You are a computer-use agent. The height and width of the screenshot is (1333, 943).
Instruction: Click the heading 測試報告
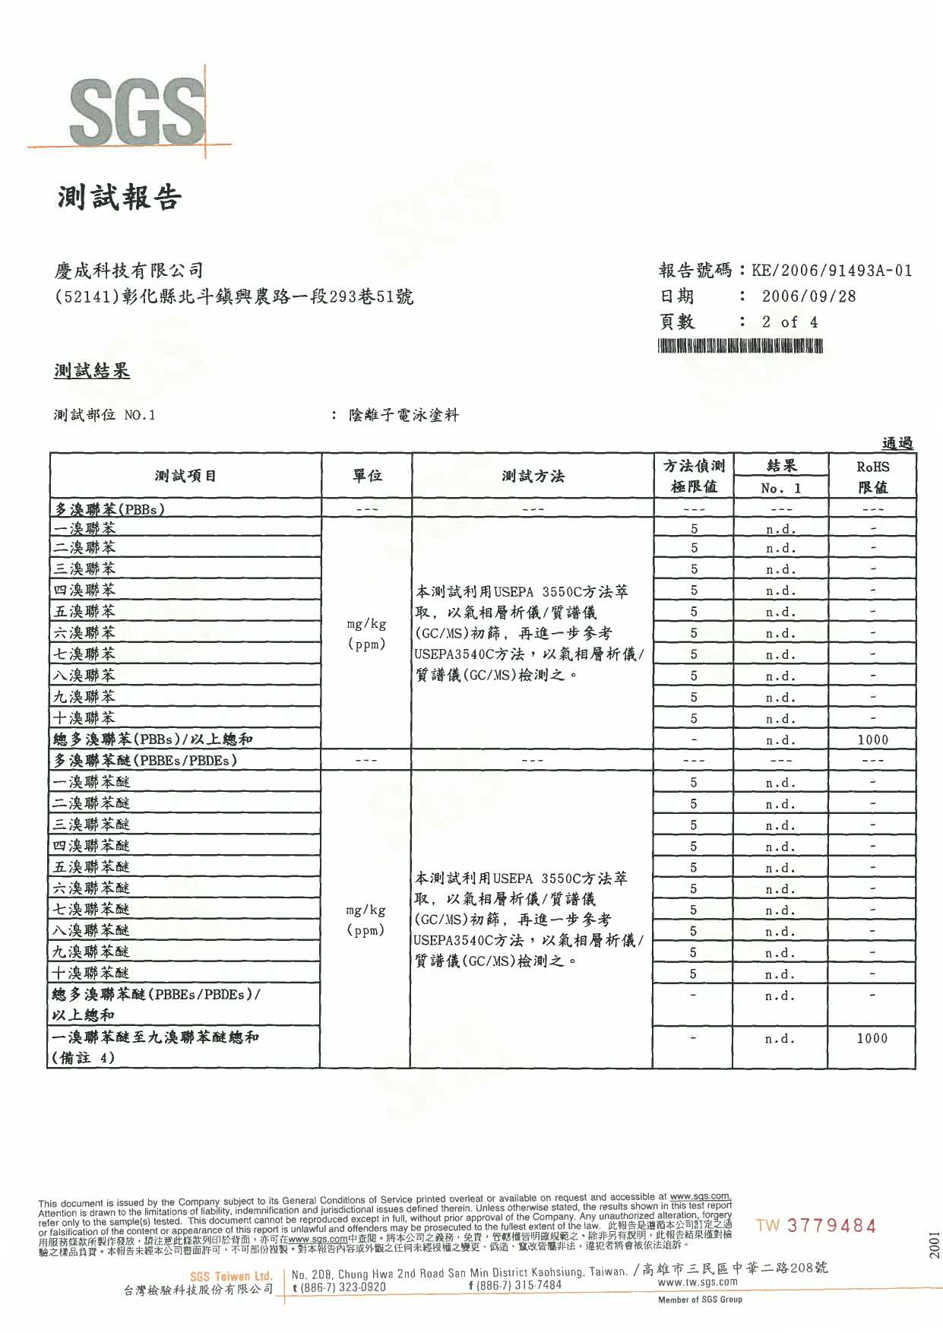[119, 198]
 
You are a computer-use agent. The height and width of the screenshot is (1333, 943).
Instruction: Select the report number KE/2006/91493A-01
[831, 271]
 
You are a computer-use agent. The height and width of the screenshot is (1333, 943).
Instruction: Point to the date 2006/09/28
[809, 296]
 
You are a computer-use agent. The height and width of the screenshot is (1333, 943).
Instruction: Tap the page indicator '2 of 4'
[790, 322]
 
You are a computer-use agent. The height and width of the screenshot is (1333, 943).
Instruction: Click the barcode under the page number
[741, 347]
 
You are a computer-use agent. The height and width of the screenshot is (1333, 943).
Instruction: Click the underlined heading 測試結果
[91, 371]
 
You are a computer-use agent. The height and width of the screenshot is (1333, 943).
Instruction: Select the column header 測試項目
[185, 476]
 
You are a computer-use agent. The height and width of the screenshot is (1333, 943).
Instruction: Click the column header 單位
[367, 476]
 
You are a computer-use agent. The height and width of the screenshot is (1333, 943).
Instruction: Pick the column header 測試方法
[533, 477]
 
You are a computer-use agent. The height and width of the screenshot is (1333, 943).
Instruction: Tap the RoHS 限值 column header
[872, 477]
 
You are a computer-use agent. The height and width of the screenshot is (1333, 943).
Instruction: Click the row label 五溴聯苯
[84, 611]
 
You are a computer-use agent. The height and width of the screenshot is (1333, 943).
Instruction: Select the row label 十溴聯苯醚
[91, 973]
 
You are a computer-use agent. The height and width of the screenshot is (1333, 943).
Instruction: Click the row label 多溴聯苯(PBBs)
[109, 509]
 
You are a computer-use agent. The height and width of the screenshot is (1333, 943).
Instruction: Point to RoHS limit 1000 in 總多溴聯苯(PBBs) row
[872, 739]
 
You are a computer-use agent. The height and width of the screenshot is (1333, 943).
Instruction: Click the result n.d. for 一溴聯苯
[780, 529]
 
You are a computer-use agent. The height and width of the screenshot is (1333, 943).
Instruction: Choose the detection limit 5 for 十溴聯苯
[694, 718]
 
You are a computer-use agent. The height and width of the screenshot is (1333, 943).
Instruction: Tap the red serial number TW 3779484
[816, 1226]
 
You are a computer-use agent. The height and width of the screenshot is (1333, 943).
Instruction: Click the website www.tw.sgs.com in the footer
[697, 1281]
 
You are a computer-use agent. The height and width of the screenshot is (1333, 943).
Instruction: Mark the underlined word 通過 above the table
[897, 443]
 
